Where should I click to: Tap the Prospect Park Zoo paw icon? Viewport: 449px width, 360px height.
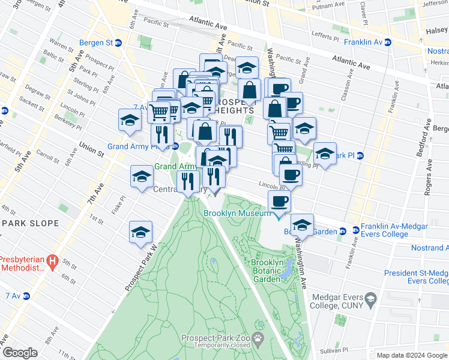[x=258, y=338]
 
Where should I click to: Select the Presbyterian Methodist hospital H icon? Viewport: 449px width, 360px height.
[x=53, y=262]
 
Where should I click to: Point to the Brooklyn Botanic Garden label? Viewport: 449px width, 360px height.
[x=266, y=271]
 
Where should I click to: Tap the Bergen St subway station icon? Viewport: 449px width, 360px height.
[x=118, y=43]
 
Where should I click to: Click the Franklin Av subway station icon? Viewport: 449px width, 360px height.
[x=388, y=42]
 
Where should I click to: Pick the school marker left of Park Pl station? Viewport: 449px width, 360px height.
[x=325, y=154]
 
